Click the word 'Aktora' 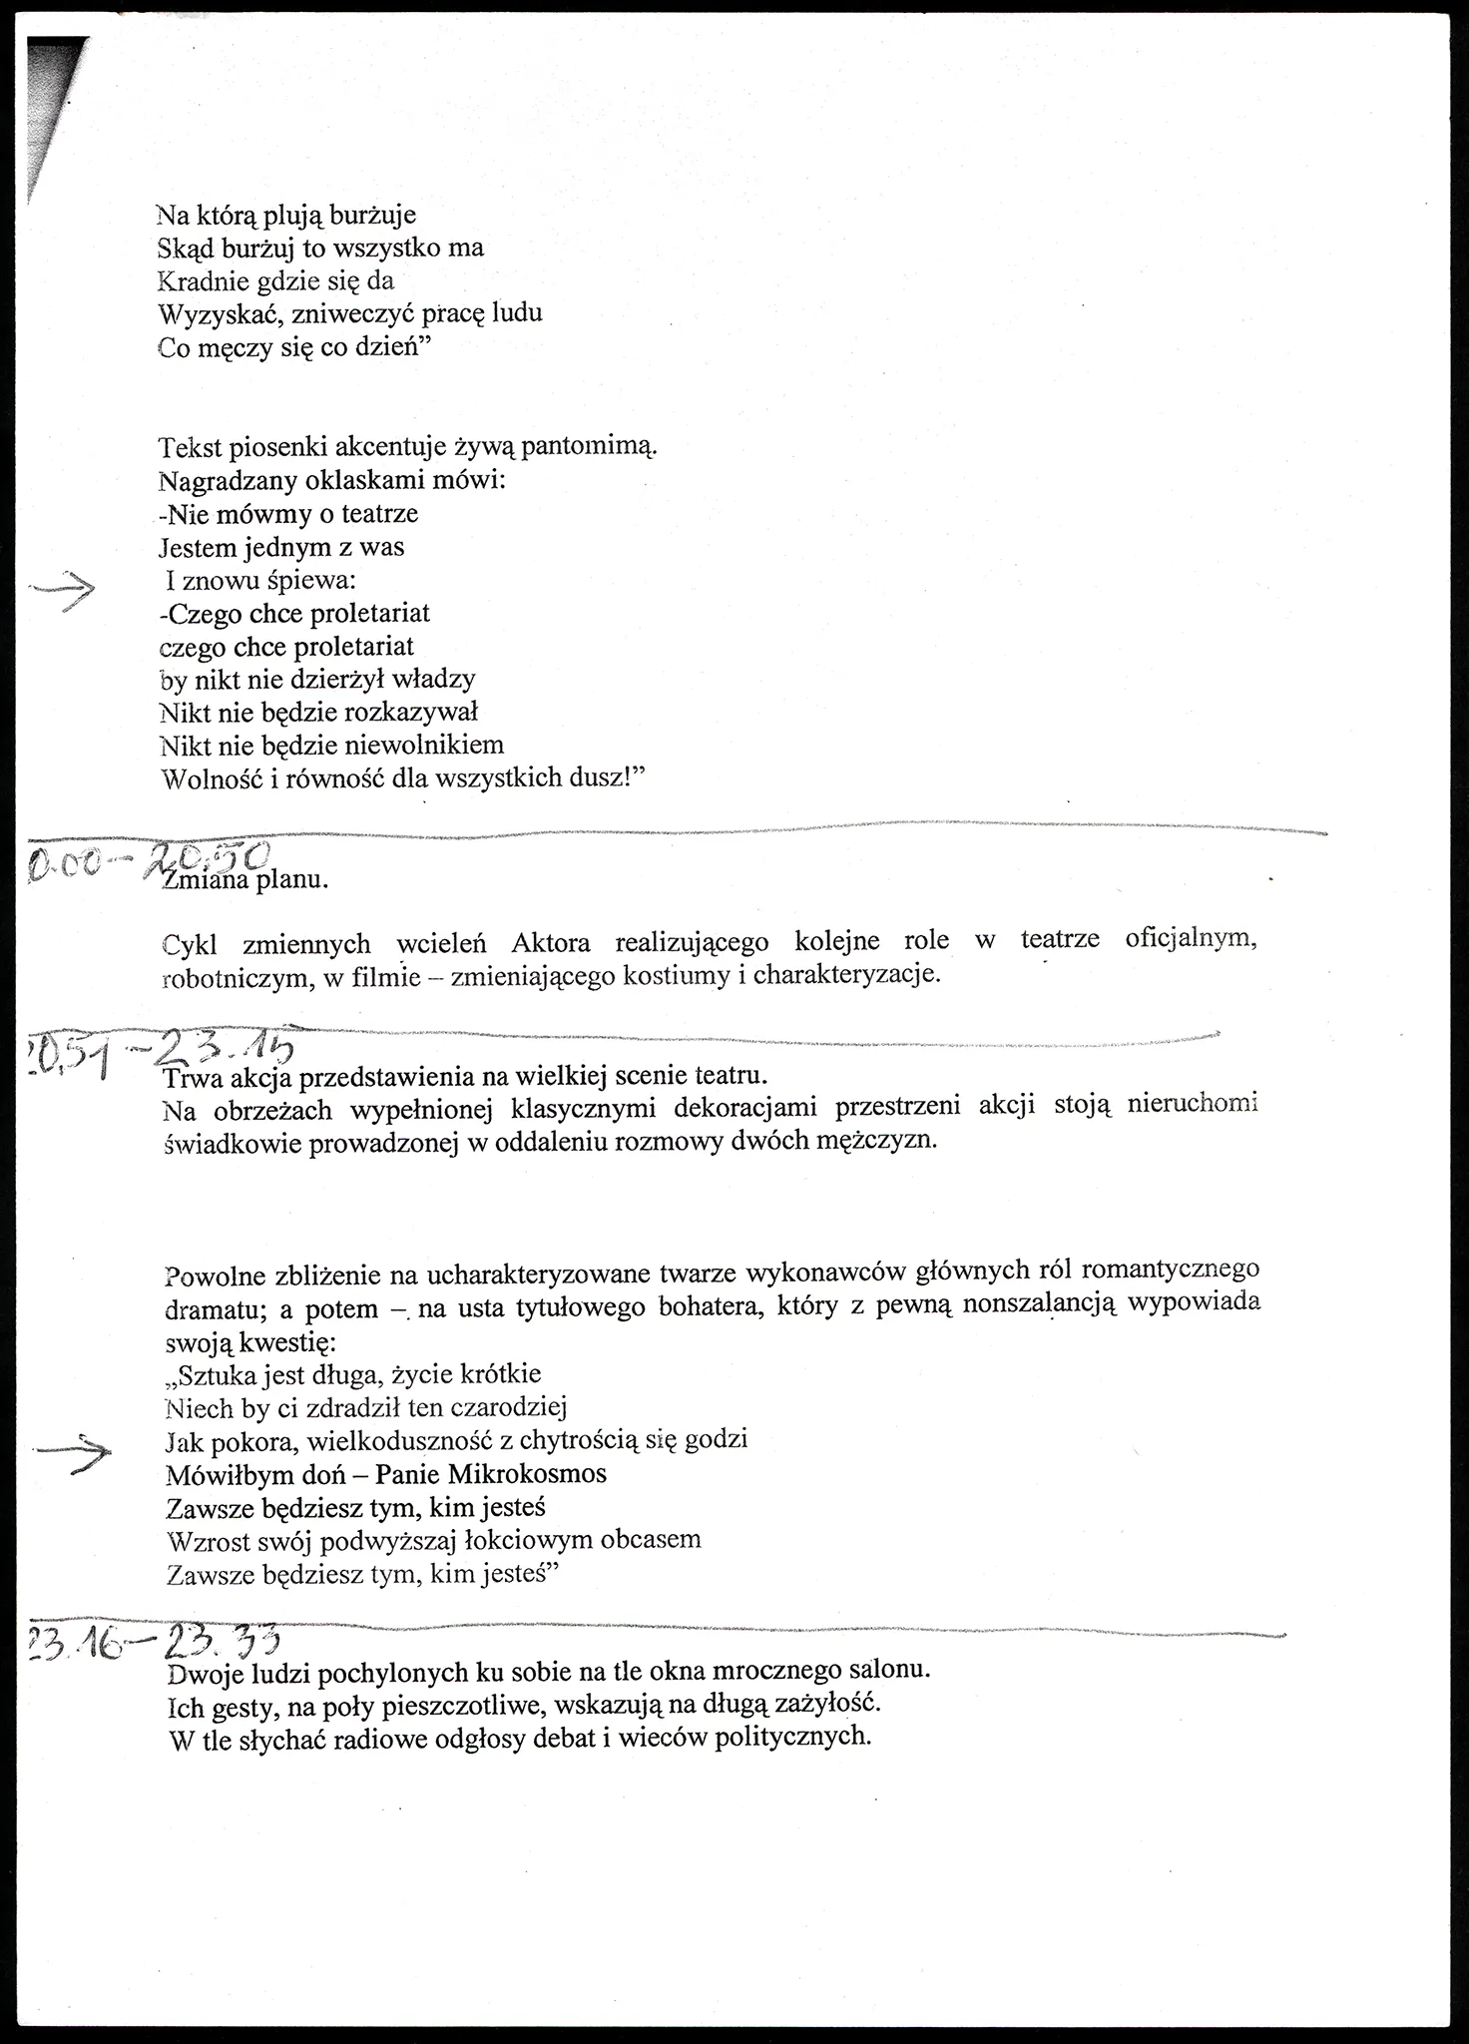click(x=550, y=942)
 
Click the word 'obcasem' click(x=651, y=1540)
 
